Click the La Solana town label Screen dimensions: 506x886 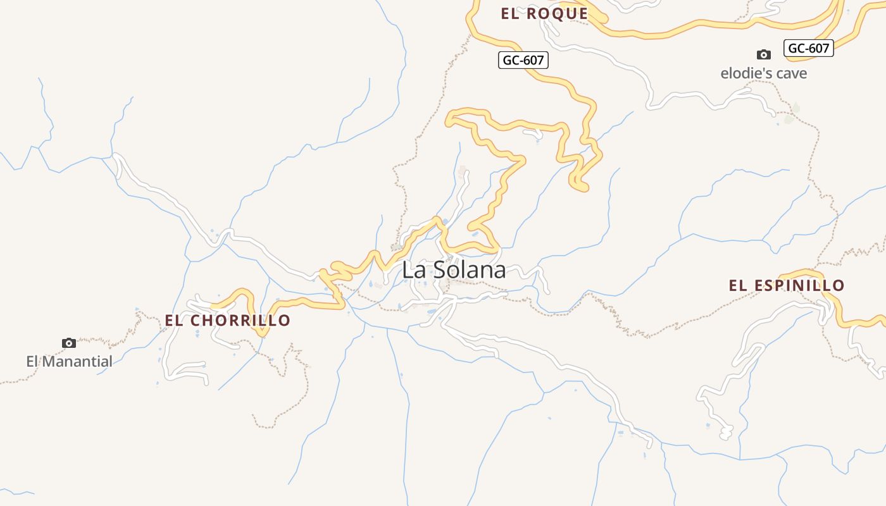coord(454,270)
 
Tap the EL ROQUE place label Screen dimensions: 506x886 coord(544,14)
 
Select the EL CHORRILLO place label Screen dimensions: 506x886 coord(227,321)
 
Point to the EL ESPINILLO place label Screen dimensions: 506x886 coord(787,286)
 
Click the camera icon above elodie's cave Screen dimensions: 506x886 coord(764,55)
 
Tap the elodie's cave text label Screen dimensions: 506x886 coord(764,73)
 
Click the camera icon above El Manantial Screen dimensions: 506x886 coord(69,343)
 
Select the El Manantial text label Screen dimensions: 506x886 coord(69,362)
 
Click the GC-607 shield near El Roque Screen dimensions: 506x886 coord(523,60)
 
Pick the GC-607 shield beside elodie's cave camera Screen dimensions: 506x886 coord(808,47)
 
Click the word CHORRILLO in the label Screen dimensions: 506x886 coord(240,321)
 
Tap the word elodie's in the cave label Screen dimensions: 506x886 coord(747,73)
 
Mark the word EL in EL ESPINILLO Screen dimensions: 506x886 coord(738,286)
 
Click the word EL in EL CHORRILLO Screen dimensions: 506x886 coord(175,321)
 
